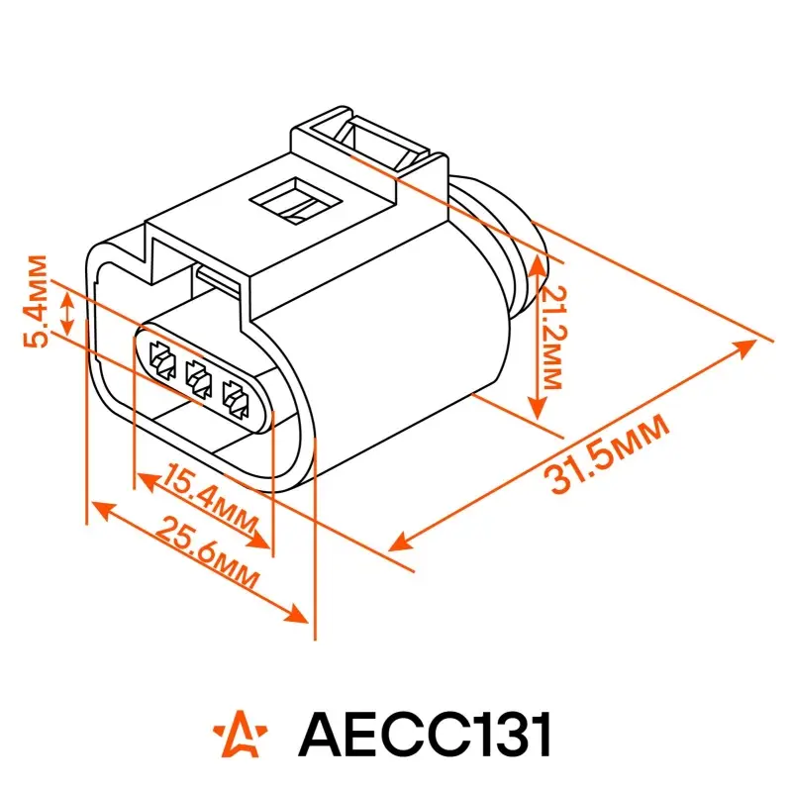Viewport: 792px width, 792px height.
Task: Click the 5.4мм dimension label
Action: (x=36, y=302)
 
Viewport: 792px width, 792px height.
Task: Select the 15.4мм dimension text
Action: (x=211, y=500)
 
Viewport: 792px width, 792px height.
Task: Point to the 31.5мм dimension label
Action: (x=607, y=452)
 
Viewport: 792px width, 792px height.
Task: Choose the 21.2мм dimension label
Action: (x=553, y=337)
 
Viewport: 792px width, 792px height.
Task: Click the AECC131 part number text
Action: (x=424, y=734)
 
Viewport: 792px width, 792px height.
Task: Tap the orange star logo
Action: (x=241, y=734)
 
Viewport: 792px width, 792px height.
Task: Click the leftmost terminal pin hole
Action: (x=162, y=360)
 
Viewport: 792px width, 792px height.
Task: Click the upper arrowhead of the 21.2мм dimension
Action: (x=538, y=265)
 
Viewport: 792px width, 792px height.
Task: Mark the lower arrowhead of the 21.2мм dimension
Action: (x=538, y=408)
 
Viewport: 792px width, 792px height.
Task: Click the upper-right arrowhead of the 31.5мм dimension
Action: (x=745, y=347)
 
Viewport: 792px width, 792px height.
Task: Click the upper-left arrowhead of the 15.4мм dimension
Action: (x=148, y=480)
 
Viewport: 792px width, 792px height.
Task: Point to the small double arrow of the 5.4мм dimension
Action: (x=67, y=313)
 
